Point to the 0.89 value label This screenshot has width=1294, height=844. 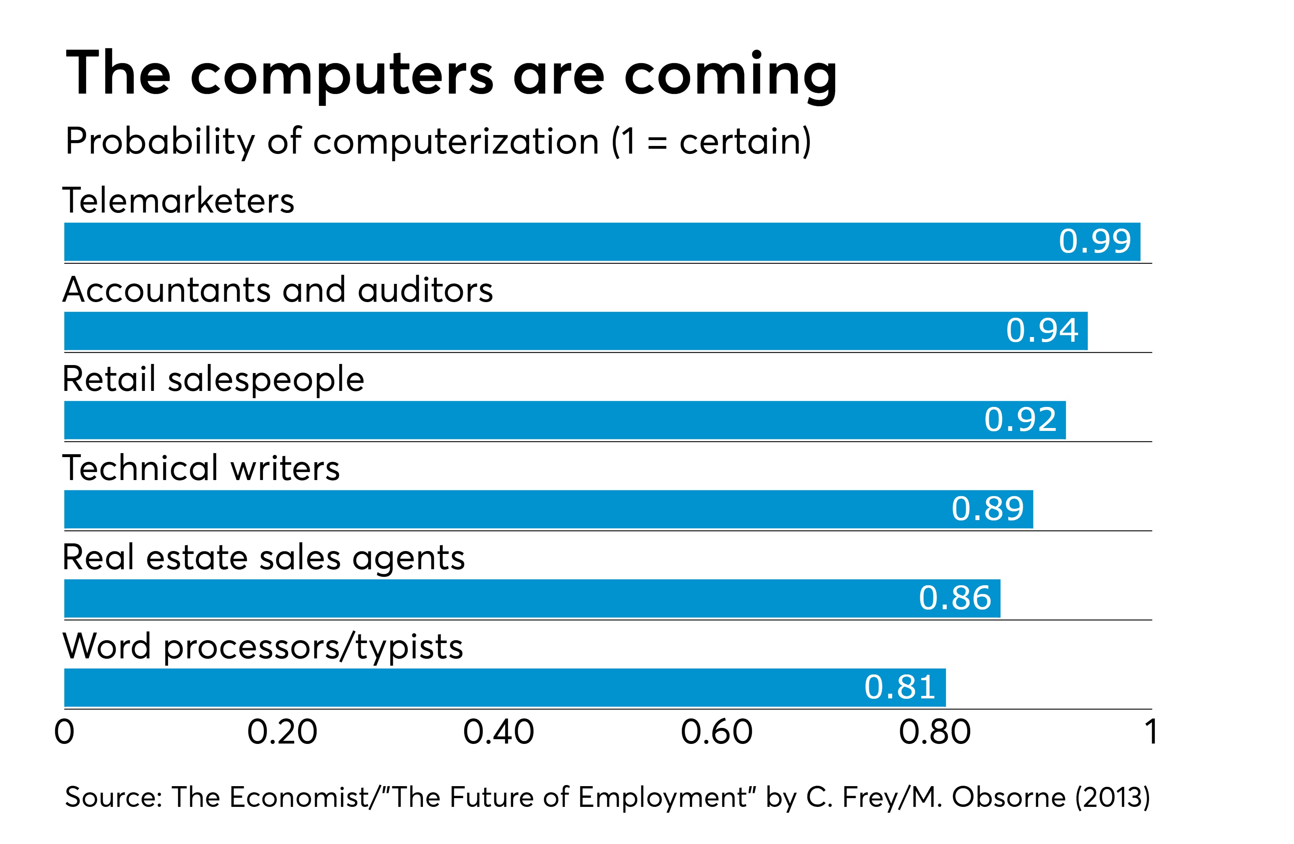click(987, 509)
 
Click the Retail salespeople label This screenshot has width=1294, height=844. click(213, 379)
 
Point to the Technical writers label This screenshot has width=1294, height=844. click(201, 468)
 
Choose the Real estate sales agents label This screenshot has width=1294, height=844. click(264, 558)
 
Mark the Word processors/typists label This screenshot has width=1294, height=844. click(263, 647)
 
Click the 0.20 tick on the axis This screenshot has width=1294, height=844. click(282, 732)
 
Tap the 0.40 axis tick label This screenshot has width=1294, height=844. click(498, 732)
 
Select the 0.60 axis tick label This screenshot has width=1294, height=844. click(717, 732)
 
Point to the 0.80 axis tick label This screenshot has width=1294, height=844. click(934, 732)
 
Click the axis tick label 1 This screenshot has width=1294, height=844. click(1150, 732)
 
